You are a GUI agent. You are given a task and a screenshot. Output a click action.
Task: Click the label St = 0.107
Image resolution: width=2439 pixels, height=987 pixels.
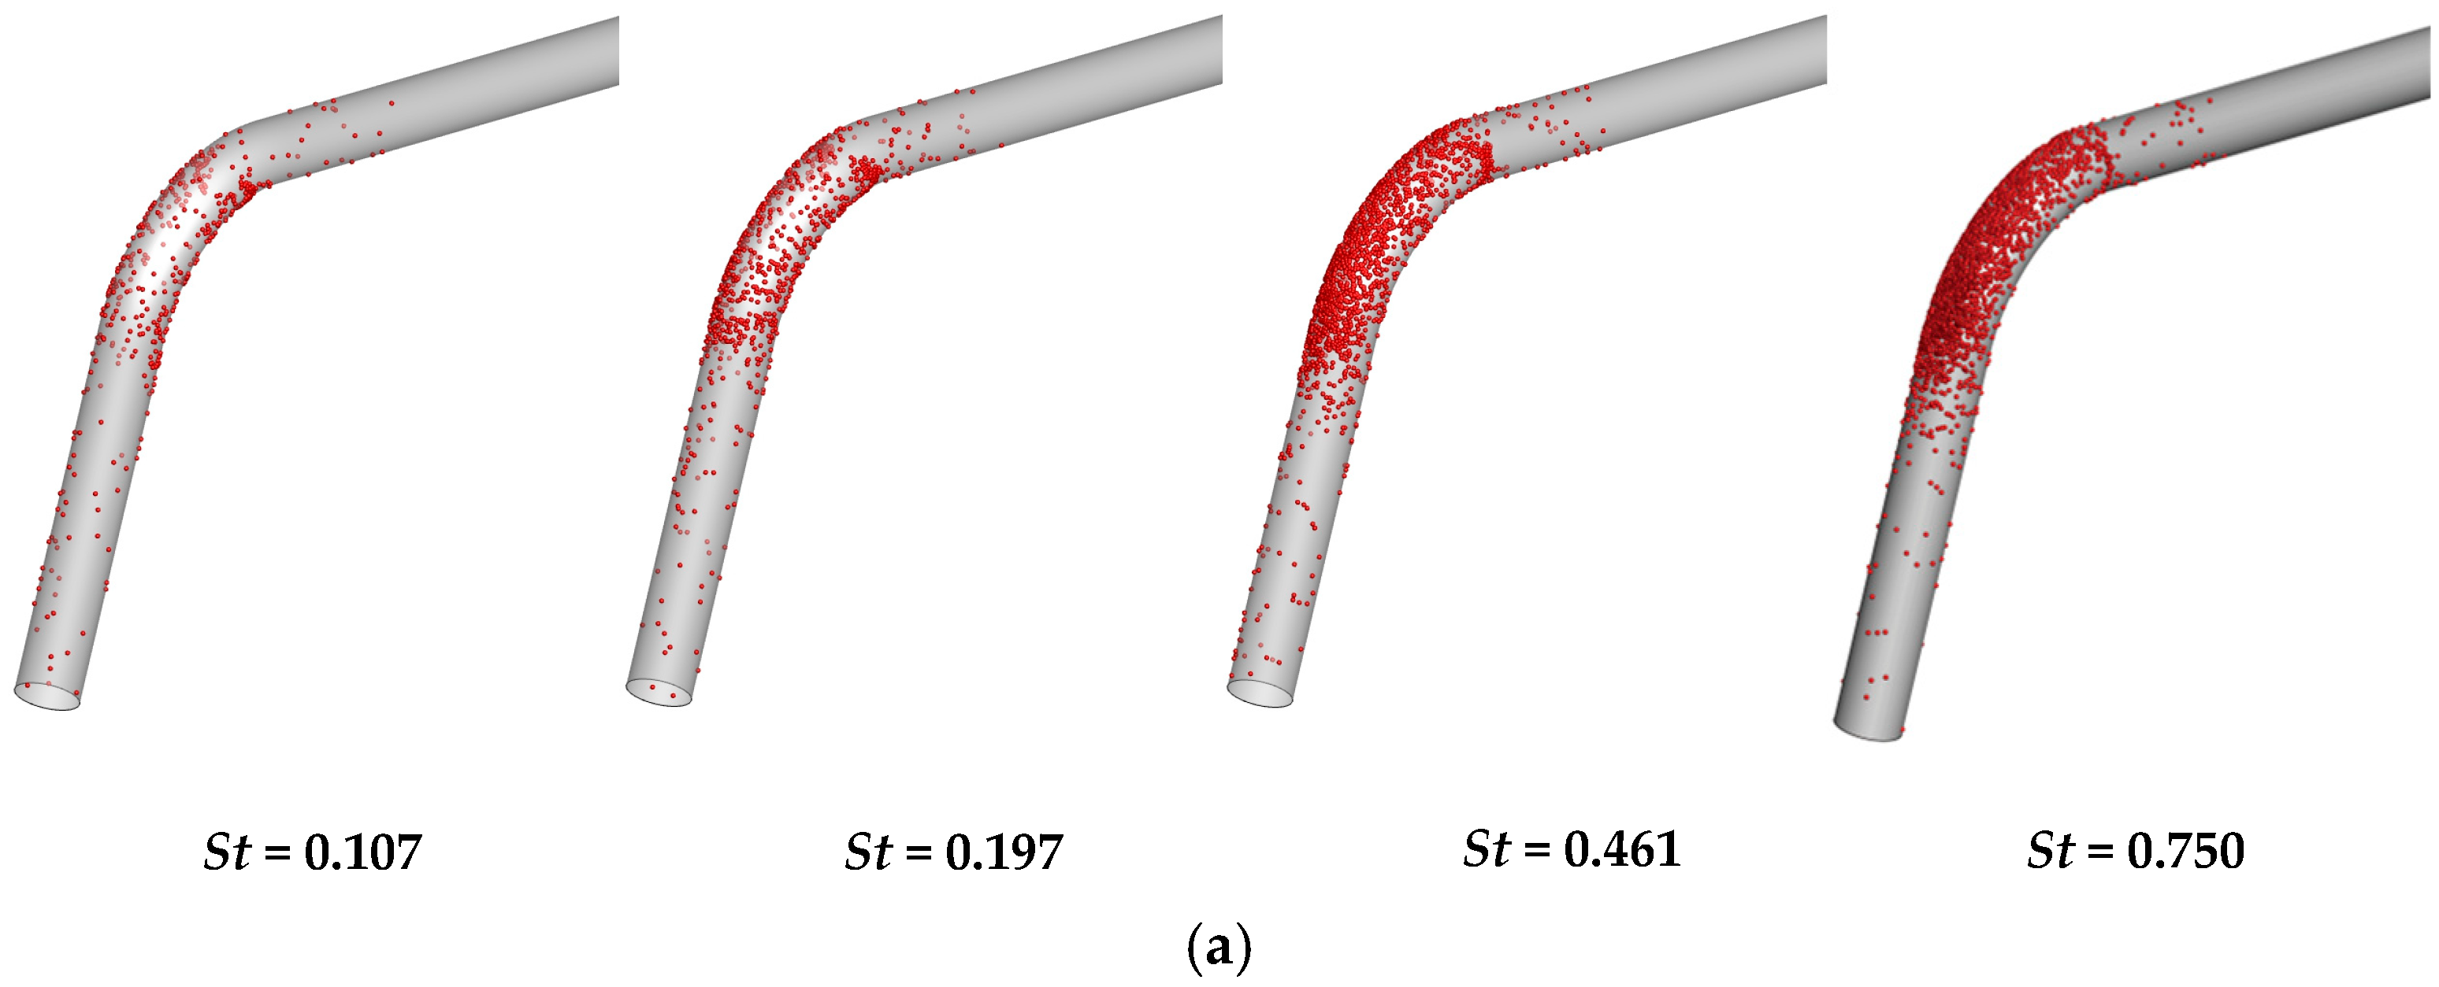point(313,852)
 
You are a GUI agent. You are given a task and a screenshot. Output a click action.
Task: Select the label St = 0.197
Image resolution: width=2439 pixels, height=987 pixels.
point(953,852)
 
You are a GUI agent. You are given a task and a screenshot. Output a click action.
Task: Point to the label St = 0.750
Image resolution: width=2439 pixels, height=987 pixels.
point(2136,852)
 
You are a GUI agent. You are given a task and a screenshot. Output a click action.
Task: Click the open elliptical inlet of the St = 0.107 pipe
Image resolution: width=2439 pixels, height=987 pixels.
point(46,696)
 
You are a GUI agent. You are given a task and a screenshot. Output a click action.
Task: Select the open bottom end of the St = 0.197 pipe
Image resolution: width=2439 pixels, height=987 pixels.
point(659,693)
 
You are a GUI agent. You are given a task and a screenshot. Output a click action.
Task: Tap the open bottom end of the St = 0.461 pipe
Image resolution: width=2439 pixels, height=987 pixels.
point(1260,693)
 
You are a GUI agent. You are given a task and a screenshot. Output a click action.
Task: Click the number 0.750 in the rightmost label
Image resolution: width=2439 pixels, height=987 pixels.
point(2186,852)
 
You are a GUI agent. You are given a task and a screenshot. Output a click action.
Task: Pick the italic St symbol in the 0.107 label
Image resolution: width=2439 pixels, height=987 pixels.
point(227,852)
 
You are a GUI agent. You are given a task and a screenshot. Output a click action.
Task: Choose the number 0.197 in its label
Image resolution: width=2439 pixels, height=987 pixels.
point(1004,852)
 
